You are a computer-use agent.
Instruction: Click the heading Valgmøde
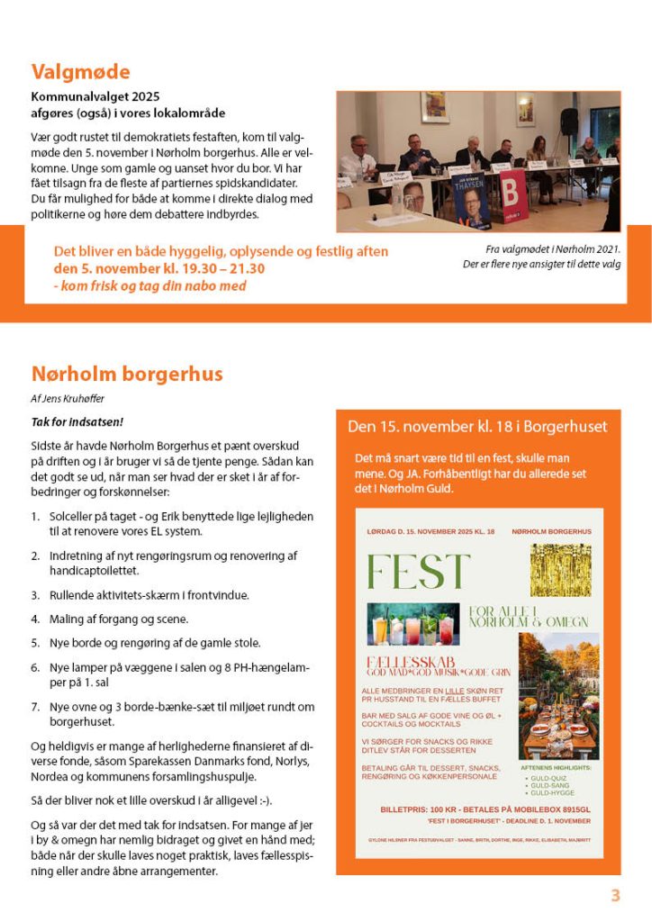click(81, 72)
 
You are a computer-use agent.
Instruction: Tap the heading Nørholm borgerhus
click(127, 374)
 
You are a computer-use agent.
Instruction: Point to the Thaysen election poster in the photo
click(471, 199)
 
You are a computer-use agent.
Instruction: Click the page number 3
click(616, 896)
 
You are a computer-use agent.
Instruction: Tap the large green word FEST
click(418, 572)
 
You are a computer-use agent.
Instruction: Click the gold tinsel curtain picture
click(560, 570)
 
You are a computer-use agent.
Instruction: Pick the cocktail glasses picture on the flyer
click(412, 624)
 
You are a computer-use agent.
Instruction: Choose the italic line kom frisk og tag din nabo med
click(149, 286)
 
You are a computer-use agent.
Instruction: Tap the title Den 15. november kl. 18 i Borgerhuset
click(477, 427)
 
